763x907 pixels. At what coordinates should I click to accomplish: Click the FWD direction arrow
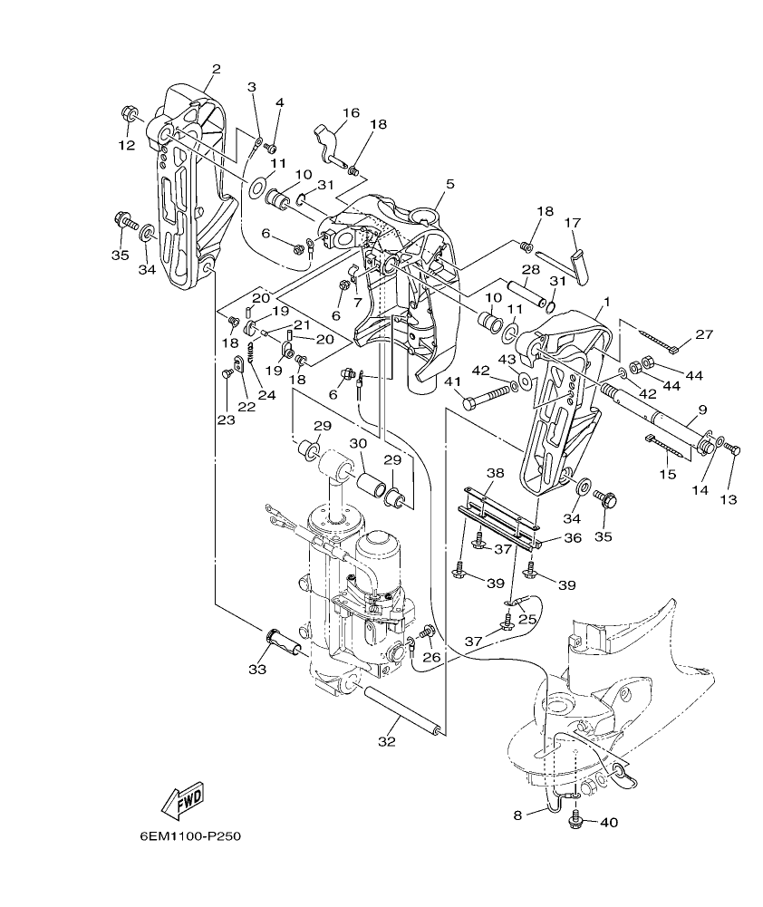pos(182,799)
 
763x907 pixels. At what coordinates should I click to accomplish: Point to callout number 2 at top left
pos(216,69)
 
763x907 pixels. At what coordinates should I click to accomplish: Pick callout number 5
pos(450,183)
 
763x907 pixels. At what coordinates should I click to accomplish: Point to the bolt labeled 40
pos(574,822)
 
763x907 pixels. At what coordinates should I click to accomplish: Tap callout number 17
pos(572,222)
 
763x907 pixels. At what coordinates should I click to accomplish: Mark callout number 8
pos(518,815)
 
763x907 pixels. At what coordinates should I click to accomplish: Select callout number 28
pos(530,270)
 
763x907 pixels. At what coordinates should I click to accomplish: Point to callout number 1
pos(606,301)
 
